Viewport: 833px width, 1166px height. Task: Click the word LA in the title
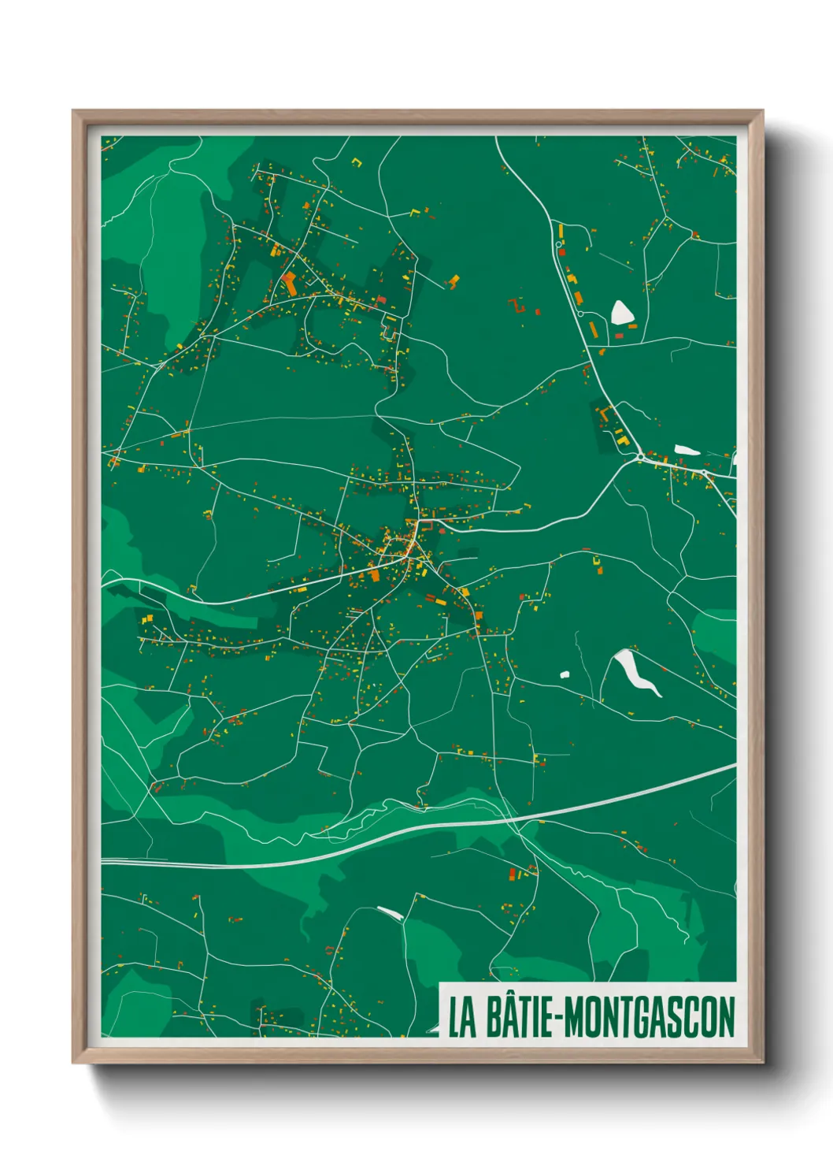(463, 1017)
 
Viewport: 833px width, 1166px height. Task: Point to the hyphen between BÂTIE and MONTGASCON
(560, 1019)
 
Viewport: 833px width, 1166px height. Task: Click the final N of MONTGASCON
(727, 1017)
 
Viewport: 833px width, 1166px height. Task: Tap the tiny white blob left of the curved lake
(565, 674)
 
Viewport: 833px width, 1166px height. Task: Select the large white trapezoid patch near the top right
(622, 313)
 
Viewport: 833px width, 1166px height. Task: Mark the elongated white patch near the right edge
(686, 450)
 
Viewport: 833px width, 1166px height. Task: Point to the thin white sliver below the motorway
(390, 913)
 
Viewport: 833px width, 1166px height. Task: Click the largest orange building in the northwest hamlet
(289, 283)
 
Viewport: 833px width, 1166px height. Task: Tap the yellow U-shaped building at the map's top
(357, 163)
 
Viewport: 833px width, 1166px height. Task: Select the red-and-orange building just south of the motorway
(516, 874)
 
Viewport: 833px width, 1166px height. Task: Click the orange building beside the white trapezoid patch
(632, 326)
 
